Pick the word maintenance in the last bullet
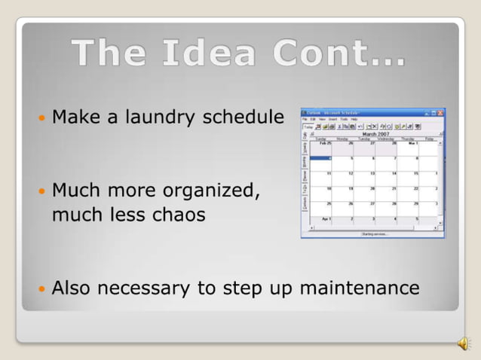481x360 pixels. point(360,288)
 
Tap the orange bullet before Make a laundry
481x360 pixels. point(42,119)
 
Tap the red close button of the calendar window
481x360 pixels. point(440,113)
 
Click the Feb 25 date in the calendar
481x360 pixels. point(325,142)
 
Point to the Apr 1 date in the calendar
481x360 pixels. point(326,218)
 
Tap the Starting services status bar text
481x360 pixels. point(375,234)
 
